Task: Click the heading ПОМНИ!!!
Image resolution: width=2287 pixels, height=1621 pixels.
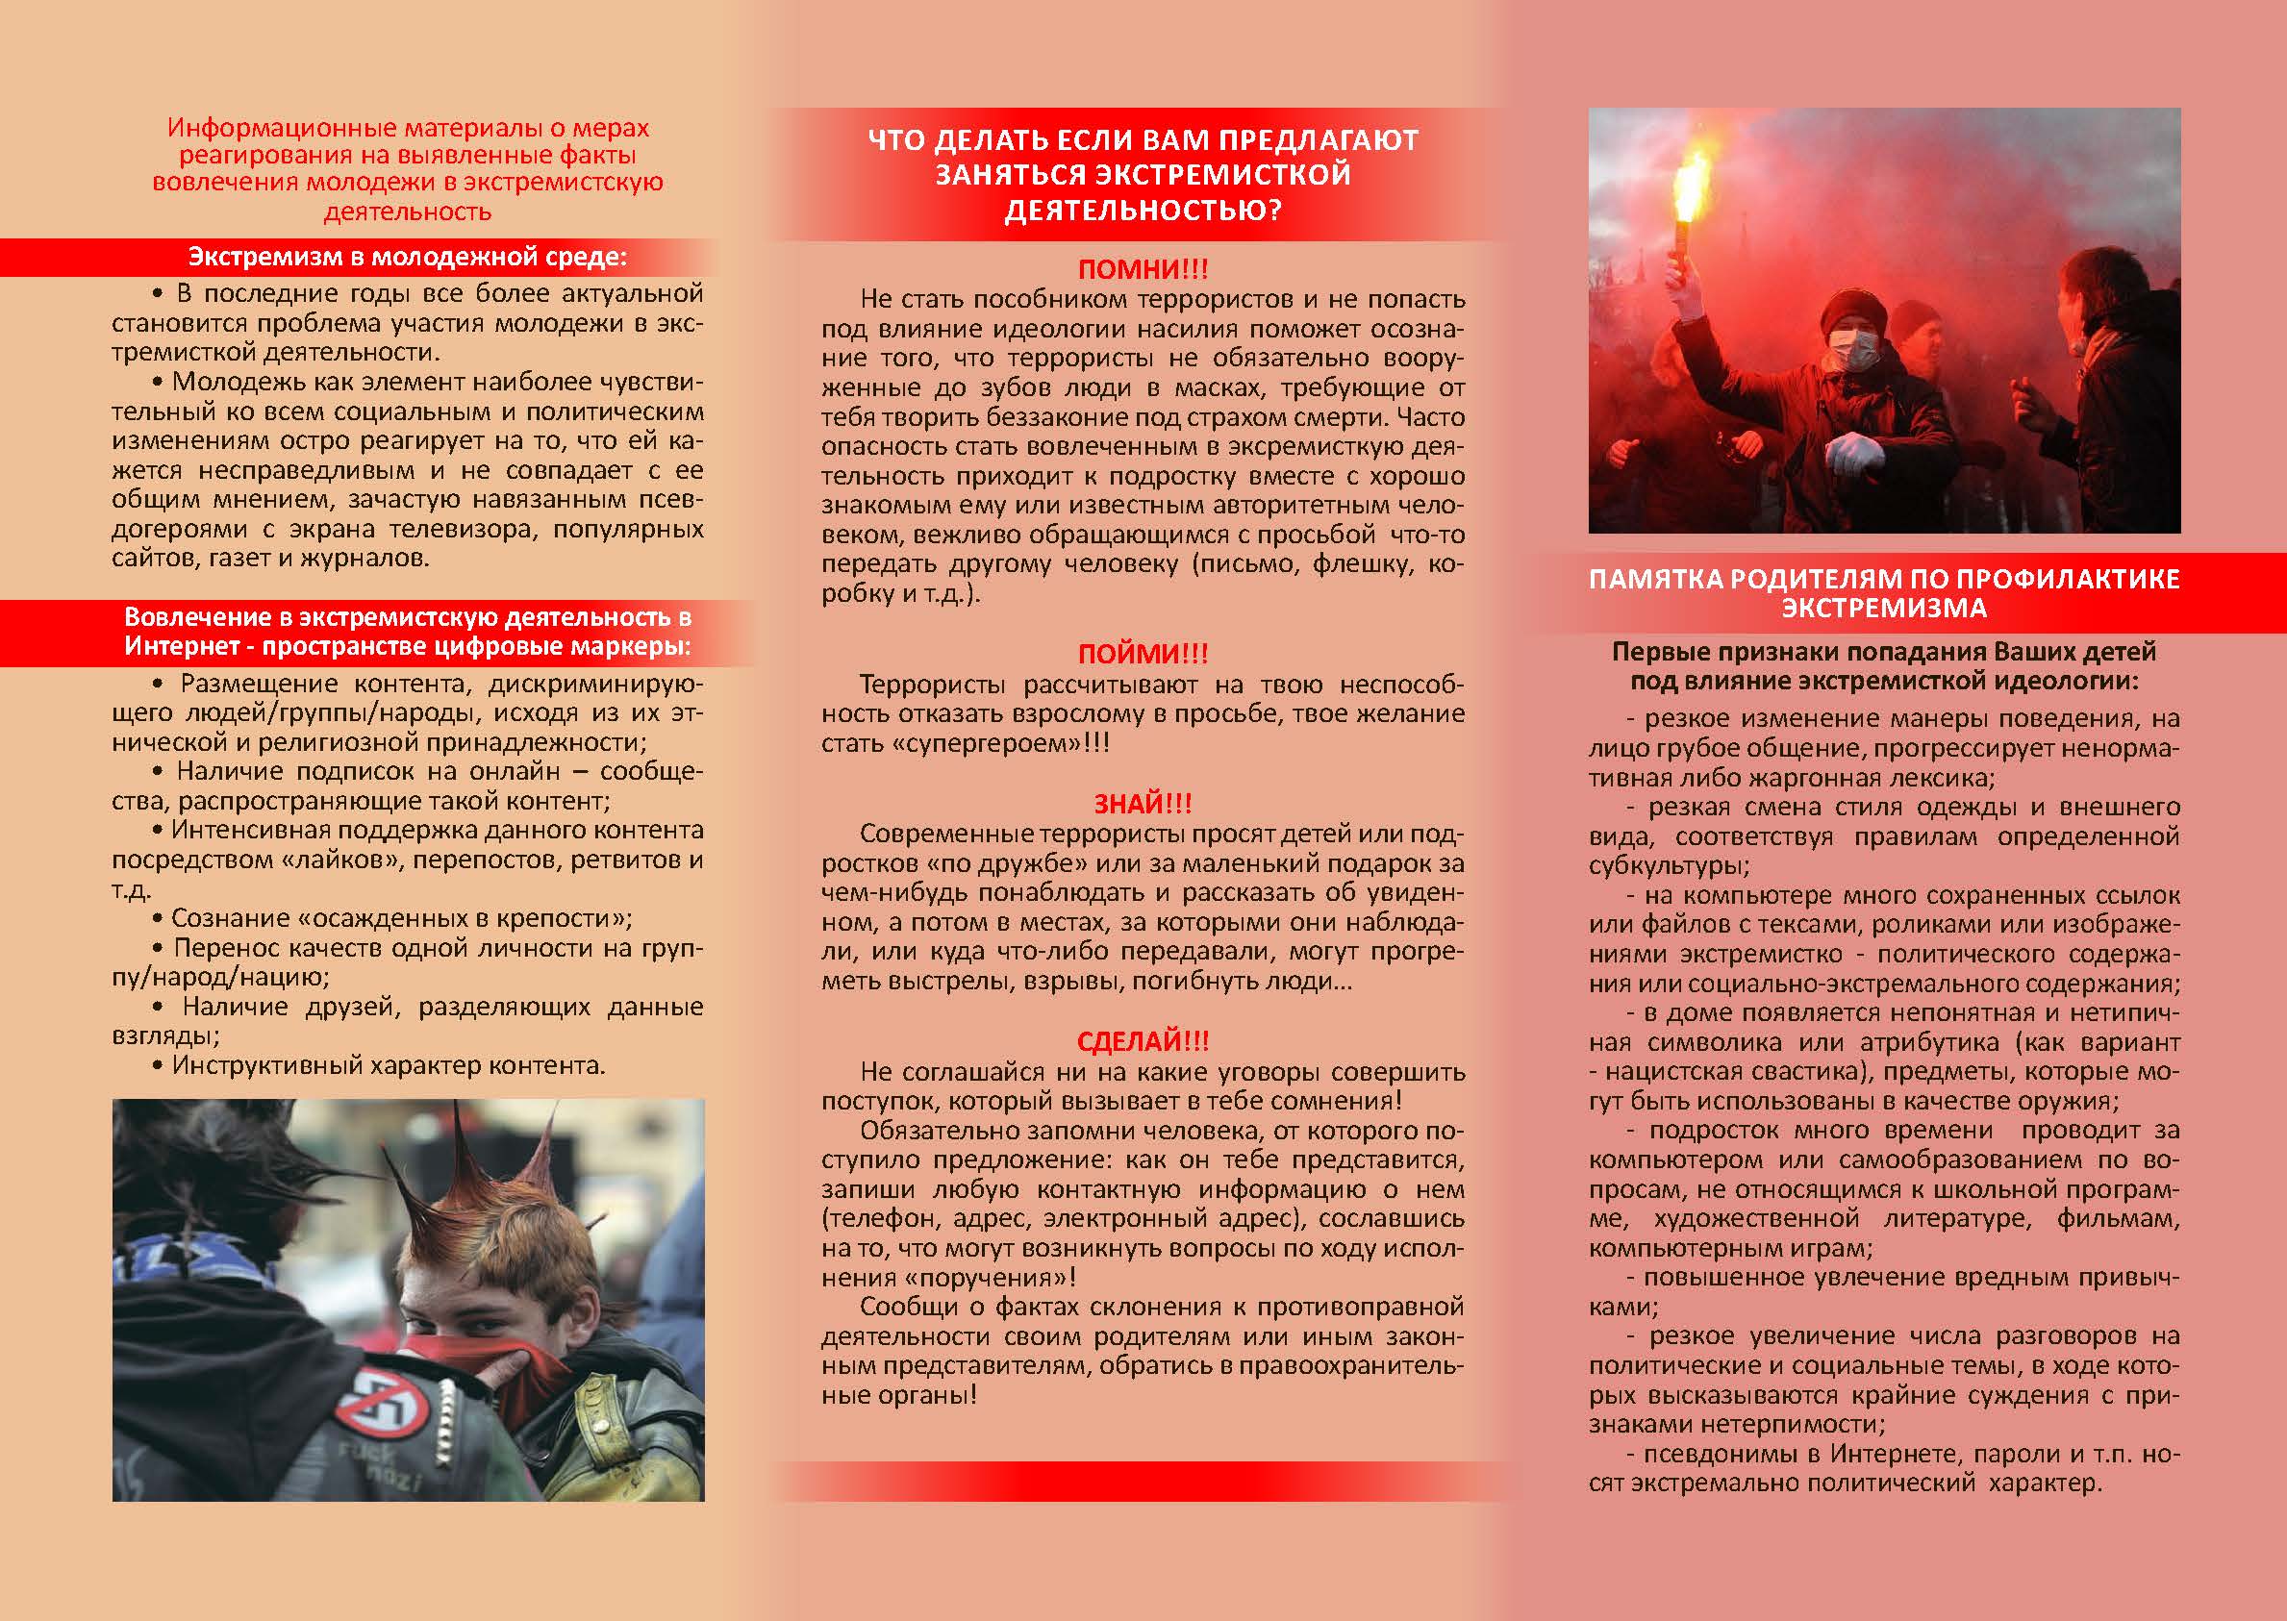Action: pos(1143,269)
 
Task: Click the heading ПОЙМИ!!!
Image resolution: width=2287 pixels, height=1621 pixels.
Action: pos(1143,655)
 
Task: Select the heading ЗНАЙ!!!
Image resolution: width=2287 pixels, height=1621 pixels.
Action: pos(1143,804)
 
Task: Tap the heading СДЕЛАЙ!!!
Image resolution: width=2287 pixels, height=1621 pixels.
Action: pos(1143,1042)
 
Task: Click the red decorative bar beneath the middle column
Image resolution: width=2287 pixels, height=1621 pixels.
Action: pos(1142,1482)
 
